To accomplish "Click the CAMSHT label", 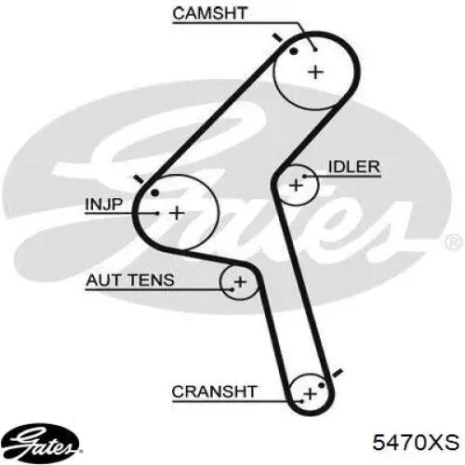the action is tap(209, 13).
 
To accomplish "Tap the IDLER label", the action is tap(354, 167).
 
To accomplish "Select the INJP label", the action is tap(104, 205).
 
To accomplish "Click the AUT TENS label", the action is tap(130, 280).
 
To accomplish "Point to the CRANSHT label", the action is tap(214, 392).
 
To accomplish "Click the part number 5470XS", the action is tap(416, 442).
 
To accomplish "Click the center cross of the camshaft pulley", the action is tap(316, 73).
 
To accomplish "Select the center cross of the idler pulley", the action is tap(296, 185).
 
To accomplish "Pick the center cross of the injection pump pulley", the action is tap(177, 213).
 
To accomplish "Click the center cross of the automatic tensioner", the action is tap(240, 282).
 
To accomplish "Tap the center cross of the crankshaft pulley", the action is tap(310, 394).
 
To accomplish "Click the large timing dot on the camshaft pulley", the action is tap(293, 51).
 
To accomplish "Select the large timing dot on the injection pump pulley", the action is tap(154, 193).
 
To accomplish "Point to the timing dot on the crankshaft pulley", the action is tap(322, 385).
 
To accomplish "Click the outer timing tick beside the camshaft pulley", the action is tap(278, 38).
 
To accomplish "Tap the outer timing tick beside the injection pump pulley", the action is tap(139, 179).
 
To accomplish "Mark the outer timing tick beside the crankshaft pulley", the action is tap(337, 373).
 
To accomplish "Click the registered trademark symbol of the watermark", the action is tap(454, 242).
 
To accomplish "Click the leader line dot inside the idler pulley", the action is tap(304, 177).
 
